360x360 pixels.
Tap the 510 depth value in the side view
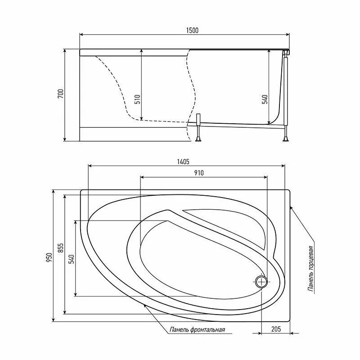click(137, 99)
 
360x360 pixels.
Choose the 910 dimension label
click(199, 173)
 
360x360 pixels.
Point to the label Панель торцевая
click(310, 270)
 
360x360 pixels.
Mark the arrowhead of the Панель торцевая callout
click(292, 207)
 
